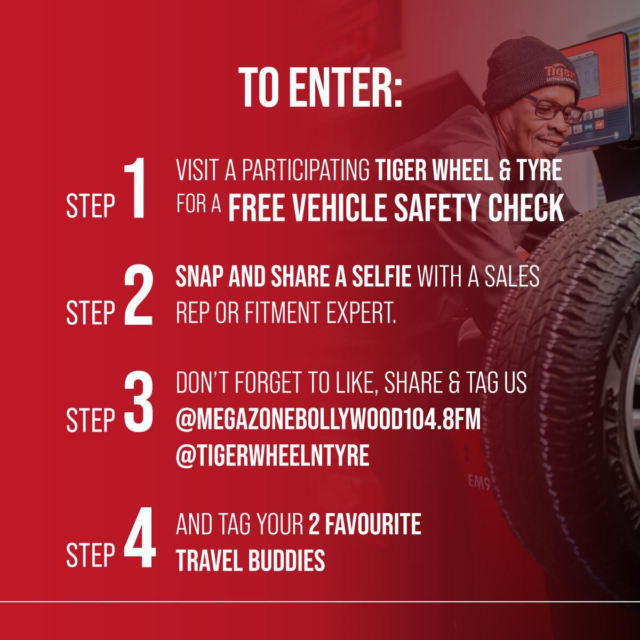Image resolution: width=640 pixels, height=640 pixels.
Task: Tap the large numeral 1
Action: click(x=135, y=188)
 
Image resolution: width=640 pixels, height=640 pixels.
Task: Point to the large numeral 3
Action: click(x=139, y=403)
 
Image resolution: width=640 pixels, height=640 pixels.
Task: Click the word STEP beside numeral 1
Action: click(x=90, y=206)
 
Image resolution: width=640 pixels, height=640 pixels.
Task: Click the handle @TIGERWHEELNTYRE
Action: click(x=273, y=455)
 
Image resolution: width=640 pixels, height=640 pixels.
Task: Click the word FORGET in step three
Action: click(x=269, y=383)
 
